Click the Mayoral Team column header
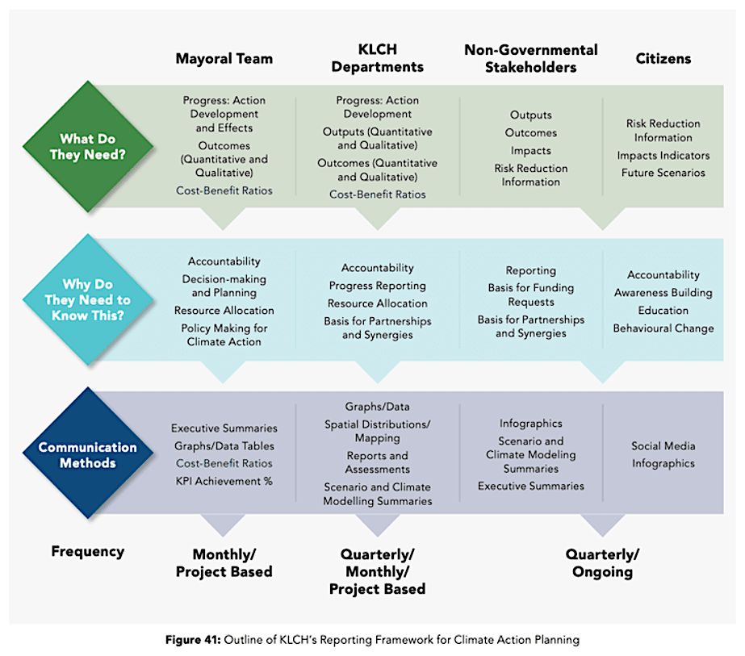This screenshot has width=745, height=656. pos(224,58)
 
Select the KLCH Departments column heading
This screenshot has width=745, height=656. pos(379,58)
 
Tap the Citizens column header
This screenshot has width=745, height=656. pos(663,58)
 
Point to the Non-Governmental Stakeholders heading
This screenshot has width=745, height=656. pos(530,58)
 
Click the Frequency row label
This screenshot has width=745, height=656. pos(87,552)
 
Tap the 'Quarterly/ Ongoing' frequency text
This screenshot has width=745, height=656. pos(601,563)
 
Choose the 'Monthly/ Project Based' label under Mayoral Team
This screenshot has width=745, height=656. pos(224,563)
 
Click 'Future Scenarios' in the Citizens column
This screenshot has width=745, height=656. pos(663,173)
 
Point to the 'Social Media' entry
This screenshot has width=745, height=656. pos(663,446)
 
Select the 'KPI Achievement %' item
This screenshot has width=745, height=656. pos(224,481)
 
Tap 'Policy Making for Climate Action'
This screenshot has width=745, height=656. pos(224,335)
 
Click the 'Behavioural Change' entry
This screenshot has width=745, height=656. pos(663,328)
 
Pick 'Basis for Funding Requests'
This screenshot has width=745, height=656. pos(530,295)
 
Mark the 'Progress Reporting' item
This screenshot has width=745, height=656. pos(377,286)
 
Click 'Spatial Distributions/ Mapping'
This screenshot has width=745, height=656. pos(377,431)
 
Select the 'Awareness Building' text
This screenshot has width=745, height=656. pos(663,293)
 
